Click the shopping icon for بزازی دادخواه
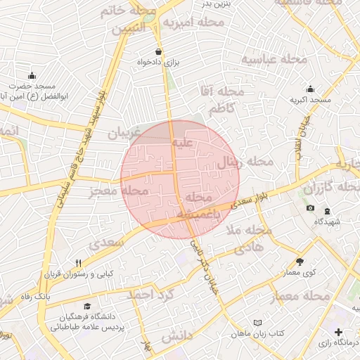(159, 51)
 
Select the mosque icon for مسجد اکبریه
(311, 89)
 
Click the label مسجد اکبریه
(311, 101)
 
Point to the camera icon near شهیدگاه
(311, 209)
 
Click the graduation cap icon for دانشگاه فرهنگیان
(87, 306)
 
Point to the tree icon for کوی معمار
(300, 261)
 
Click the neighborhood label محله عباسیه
(274, 60)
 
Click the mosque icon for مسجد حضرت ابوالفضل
(32, 76)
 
